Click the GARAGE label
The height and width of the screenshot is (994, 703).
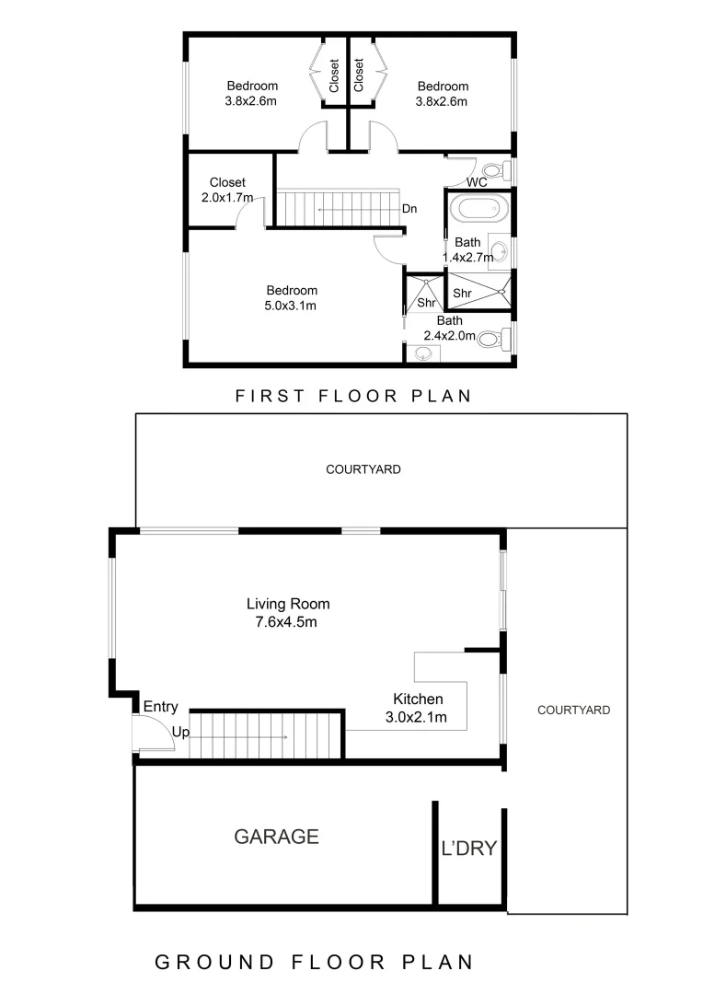tap(276, 837)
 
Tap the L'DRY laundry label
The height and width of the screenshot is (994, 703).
tap(469, 848)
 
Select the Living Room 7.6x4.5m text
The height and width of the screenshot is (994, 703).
tap(287, 613)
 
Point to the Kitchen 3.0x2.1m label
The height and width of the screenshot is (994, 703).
tap(418, 708)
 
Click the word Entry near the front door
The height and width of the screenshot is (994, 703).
tap(160, 707)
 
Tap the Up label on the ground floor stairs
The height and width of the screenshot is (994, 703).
tap(181, 733)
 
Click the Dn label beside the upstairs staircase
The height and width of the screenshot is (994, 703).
tap(409, 209)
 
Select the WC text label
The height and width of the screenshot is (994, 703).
tap(476, 182)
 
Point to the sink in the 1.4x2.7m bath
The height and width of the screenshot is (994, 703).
tap(498, 250)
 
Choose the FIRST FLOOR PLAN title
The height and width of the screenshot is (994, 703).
tap(353, 397)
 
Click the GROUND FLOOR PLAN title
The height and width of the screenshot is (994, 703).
tap(313, 963)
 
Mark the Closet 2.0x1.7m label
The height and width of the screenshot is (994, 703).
tap(227, 190)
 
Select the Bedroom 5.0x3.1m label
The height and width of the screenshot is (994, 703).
tap(292, 297)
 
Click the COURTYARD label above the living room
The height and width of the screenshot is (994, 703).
tap(363, 469)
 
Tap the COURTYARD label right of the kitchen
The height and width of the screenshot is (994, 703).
tap(573, 710)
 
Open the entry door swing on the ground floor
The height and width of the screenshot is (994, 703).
tap(152, 734)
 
